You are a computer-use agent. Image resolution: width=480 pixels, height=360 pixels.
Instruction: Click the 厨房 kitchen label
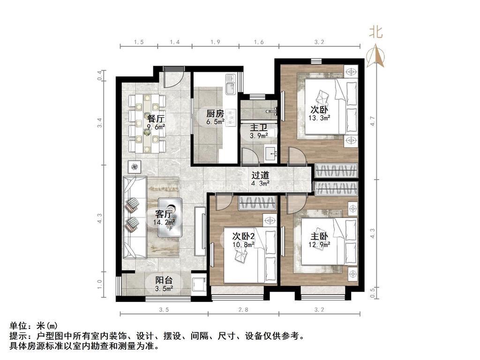coord(215,113)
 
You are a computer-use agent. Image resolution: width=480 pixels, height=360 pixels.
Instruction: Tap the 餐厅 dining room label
coord(156,119)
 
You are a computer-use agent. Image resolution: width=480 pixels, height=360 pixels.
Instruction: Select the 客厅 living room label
coord(164,214)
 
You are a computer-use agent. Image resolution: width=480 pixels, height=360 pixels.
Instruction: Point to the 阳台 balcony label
coord(164,280)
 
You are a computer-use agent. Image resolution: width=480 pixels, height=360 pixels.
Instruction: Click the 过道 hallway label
coord(260,175)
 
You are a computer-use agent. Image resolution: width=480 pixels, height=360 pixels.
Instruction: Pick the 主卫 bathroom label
coord(259,127)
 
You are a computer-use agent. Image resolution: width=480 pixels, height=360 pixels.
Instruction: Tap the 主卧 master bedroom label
coord(319,236)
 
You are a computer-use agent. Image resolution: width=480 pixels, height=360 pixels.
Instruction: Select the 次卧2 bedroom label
coord(243,236)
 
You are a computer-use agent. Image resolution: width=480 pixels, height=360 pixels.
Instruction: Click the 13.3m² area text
coord(319,118)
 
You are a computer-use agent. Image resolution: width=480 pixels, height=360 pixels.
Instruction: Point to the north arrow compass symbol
coord(375,56)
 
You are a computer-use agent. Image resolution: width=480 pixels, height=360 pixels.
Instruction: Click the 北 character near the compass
coord(375,31)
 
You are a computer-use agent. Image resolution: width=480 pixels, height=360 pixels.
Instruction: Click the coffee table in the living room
coord(170,217)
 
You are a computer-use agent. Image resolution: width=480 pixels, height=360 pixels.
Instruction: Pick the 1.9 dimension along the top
coord(215,42)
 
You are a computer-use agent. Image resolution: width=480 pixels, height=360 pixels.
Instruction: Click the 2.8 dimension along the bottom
coord(243,310)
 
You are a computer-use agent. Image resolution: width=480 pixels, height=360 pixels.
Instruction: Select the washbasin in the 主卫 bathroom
coord(271,155)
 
